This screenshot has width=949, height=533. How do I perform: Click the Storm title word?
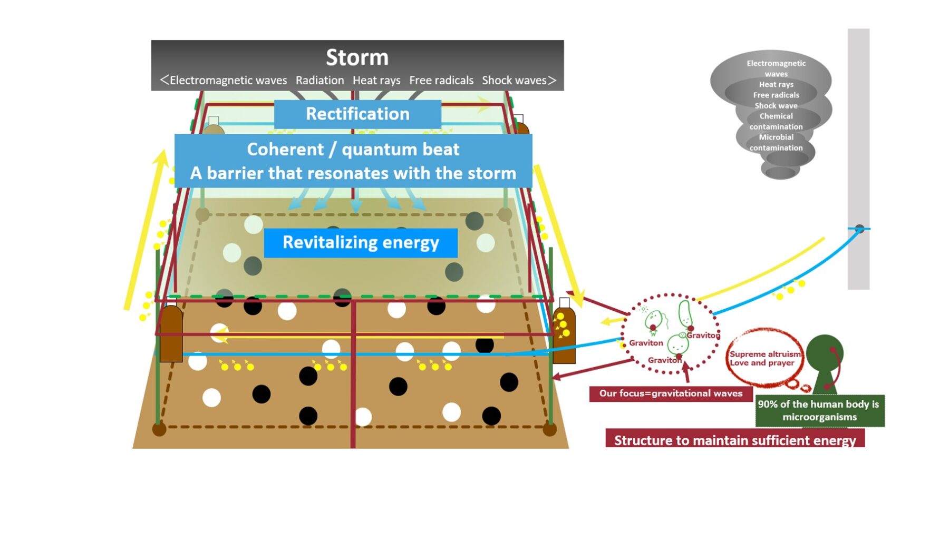coord(357,57)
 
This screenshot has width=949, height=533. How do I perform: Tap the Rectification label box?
coord(357,114)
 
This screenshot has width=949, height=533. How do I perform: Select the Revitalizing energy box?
coord(361,242)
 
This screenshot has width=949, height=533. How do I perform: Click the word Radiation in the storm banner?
coord(319,81)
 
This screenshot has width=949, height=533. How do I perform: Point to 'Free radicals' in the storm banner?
coord(441,81)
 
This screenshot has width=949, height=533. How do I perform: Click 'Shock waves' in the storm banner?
coord(514,81)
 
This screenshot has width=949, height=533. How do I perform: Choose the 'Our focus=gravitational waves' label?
coord(671,393)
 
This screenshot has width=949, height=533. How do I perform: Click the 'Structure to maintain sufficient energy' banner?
coord(735,439)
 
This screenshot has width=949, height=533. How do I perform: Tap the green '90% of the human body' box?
coord(819,410)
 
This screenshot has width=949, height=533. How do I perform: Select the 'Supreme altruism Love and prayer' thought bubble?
coord(765,359)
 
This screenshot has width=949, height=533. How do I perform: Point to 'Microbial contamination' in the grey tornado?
coord(776,143)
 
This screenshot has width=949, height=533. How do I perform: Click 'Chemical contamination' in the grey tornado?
coord(776,122)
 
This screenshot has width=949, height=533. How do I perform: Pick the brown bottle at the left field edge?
coord(171,334)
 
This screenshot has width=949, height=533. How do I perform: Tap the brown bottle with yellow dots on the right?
coord(564,335)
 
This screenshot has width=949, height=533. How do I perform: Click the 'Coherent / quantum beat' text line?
coord(353,150)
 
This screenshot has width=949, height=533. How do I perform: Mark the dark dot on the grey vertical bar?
coord(859,229)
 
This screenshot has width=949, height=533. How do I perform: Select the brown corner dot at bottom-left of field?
coord(159,429)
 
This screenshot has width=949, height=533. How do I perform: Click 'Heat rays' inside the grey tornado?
coord(776,84)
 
